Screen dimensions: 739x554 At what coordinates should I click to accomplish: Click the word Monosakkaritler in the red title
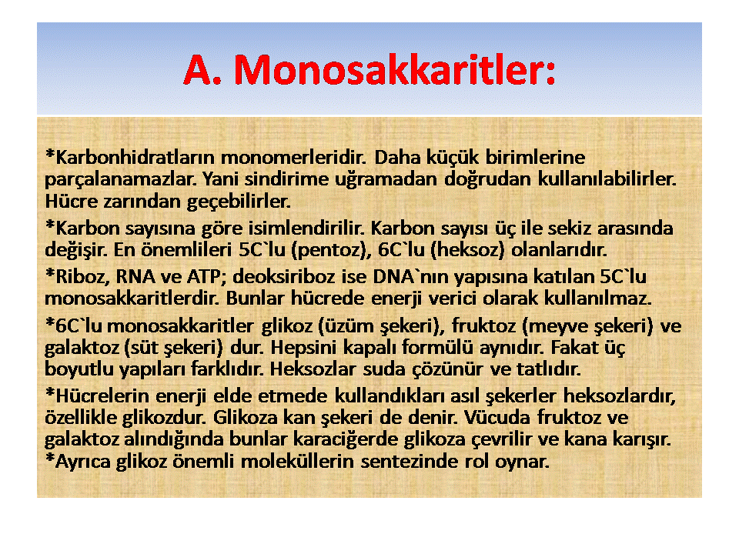[395, 70]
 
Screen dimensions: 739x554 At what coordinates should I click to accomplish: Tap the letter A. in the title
[202, 70]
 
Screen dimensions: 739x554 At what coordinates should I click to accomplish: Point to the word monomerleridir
[293, 157]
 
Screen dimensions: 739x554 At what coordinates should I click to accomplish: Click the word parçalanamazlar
[121, 179]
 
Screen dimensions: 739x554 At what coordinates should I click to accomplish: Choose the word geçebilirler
[239, 202]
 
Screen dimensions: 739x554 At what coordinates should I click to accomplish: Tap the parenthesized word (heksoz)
[467, 250]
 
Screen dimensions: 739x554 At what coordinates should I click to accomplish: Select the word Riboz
[83, 276]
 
